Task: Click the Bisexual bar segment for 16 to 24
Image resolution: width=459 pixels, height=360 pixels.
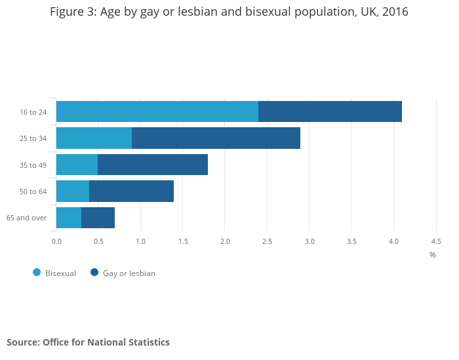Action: click(x=157, y=111)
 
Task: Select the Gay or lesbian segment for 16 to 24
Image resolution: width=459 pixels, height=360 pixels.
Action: click(x=330, y=111)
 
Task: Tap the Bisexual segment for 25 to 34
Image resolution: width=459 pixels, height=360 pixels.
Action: click(x=94, y=138)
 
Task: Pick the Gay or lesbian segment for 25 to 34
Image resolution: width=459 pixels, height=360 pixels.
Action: click(x=216, y=138)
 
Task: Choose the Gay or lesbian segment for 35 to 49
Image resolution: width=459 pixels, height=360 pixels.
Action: click(x=153, y=165)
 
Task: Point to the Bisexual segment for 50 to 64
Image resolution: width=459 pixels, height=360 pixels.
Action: click(x=73, y=191)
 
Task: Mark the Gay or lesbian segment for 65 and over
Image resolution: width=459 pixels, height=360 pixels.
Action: click(x=98, y=218)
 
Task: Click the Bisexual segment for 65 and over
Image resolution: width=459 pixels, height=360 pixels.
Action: click(x=69, y=218)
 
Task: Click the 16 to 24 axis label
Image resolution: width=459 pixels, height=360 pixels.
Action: click(x=33, y=112)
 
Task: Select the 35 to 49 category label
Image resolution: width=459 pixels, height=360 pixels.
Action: click(x=33, y=165)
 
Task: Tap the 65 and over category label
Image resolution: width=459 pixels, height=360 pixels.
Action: click(x=26, y=218)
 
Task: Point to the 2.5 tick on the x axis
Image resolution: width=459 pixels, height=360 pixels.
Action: click(x=267, y=241)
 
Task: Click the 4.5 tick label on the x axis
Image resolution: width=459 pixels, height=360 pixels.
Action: click(x=436, y=241)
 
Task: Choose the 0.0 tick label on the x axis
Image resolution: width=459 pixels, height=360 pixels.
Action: click(x=56, y=241)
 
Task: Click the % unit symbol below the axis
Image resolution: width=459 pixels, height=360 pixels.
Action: click(x=433, y=255)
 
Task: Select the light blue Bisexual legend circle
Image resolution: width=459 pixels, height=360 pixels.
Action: click(x=37, y=272)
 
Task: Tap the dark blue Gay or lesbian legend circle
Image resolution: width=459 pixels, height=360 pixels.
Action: click(x=94, y=272)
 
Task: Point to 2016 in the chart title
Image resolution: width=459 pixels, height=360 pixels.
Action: click(x=393, y=12)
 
